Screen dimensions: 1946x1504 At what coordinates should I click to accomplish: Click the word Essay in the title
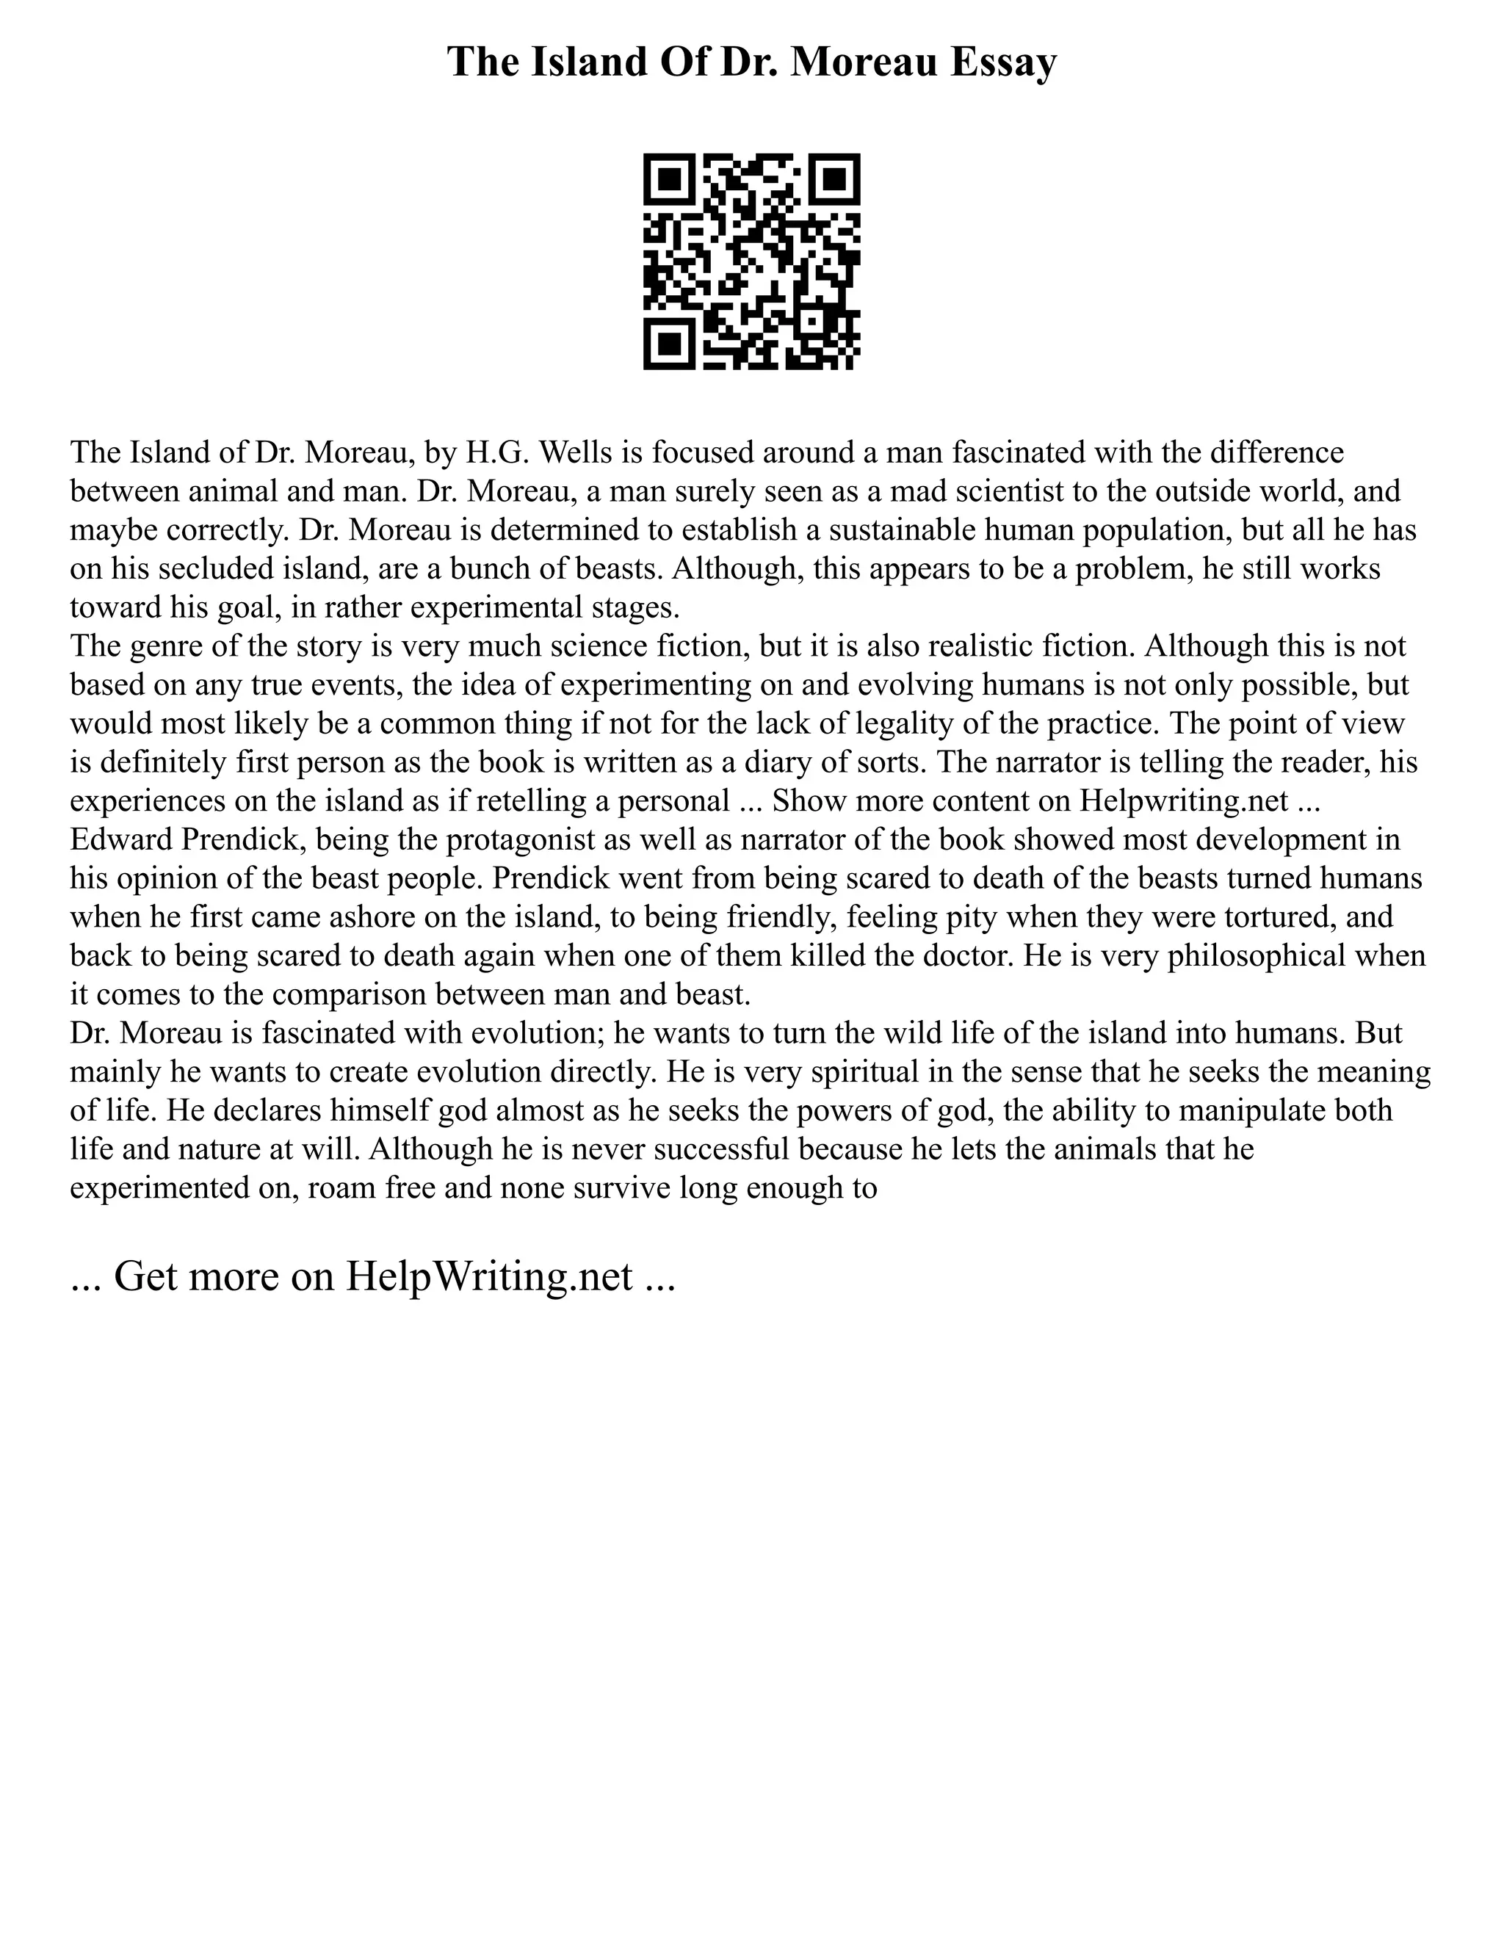[x=1002, y=62]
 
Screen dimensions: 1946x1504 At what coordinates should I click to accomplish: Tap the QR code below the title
[x=751, y=261]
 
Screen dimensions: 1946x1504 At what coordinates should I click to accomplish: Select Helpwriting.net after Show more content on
[x=1183, y=801]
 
